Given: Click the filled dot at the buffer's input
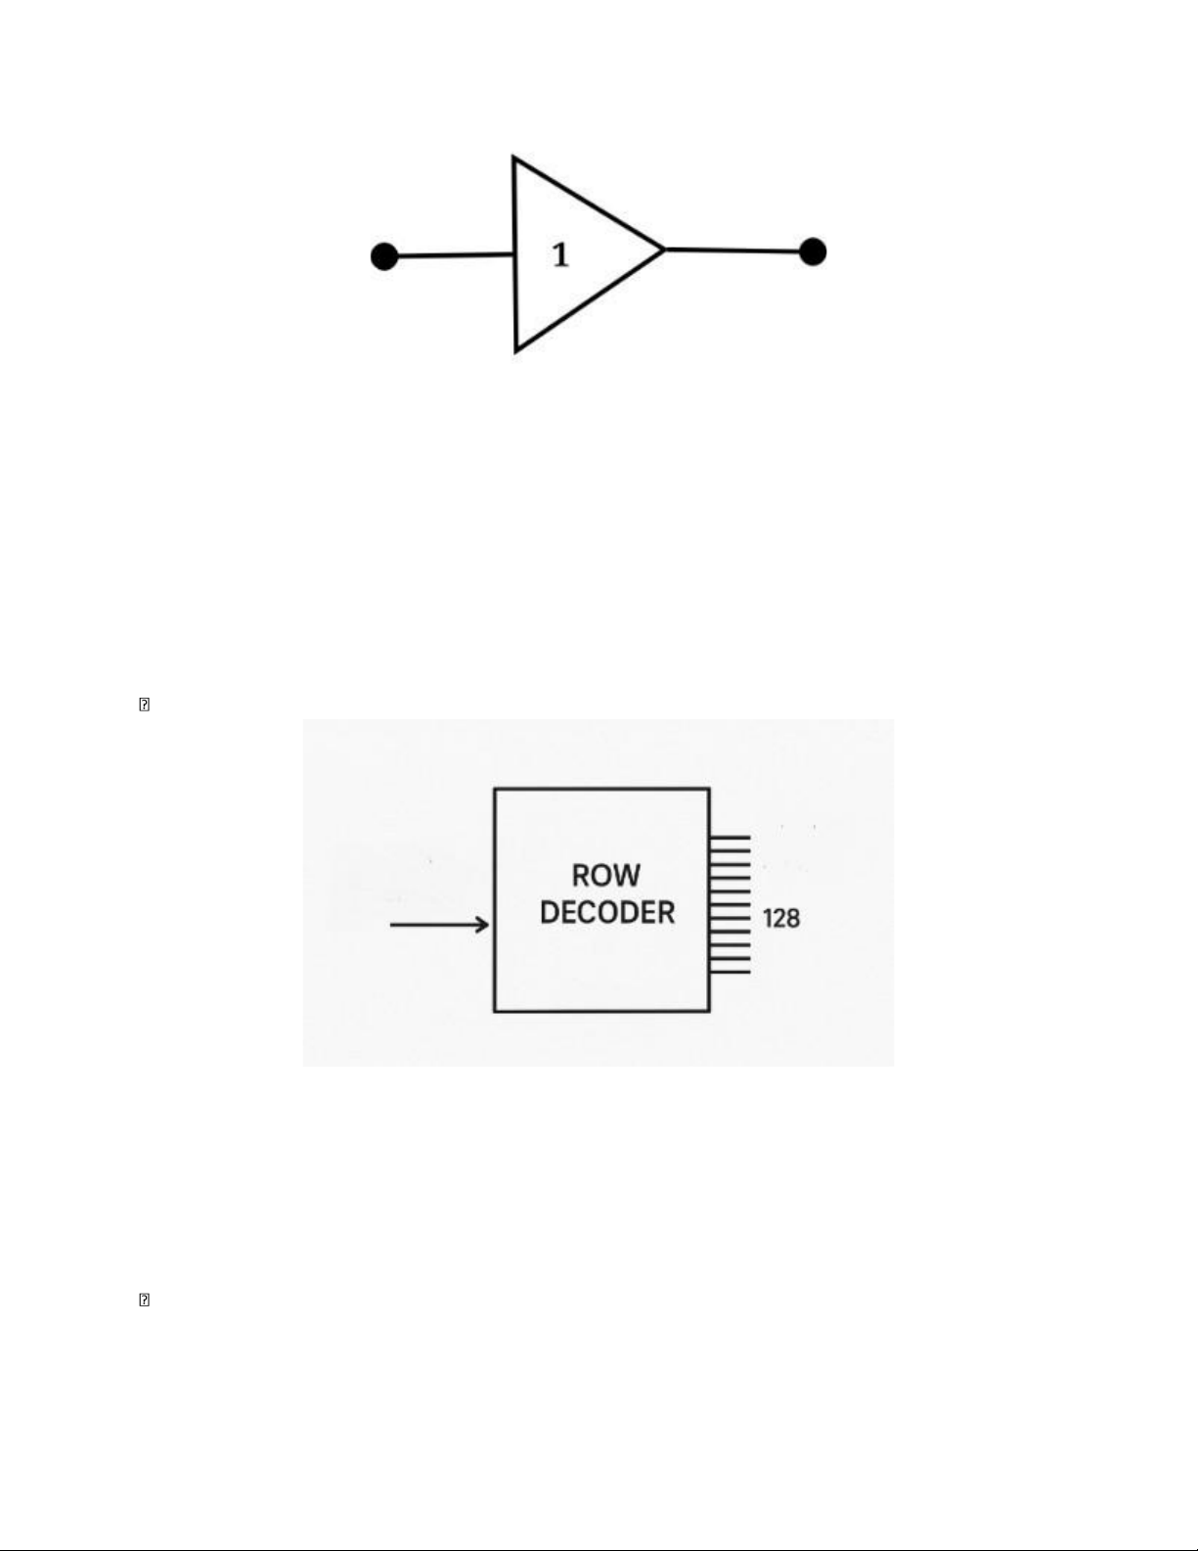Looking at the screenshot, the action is [384, 256].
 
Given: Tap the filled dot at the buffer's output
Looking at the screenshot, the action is [813, 251].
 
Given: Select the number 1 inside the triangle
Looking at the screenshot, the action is [561, 254].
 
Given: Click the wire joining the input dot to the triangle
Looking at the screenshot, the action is [456, 254].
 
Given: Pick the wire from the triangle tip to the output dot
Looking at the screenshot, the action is [733, 251].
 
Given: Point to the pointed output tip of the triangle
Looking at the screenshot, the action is [665, 250].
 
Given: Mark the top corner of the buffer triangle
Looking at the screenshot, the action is [514, 157].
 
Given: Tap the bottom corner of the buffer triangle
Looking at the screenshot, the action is [516, 351].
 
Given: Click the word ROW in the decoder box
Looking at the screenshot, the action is [606, 876].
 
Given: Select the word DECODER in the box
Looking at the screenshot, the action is [607, 913].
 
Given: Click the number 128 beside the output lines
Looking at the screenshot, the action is [781, 919].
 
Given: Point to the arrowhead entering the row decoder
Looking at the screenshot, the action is [483, 925].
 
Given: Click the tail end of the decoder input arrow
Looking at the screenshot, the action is [391, 925].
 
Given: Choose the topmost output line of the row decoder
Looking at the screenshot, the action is [730, 837].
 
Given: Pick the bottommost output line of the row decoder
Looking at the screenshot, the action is [730, 972].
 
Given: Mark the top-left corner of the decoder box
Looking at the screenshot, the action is [494, 789].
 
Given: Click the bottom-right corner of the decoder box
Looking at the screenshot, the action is [710, 1012].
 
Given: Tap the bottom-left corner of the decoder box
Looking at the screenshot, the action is [494, 1012].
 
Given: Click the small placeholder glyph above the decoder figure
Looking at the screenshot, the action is [144, 705].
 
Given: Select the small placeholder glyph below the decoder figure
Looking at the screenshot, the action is [144, 1300].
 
